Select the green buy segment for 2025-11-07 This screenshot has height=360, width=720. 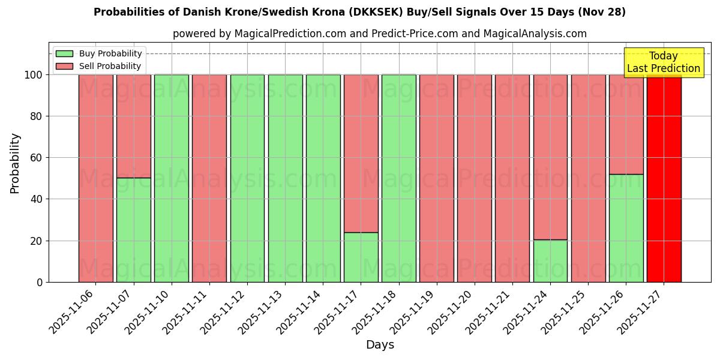(x=133, y=230)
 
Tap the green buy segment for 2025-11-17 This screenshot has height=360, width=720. (x=361, y=257)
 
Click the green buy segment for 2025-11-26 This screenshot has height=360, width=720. (x=626, y=228)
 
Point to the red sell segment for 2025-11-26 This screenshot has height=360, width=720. (x=626, y=124)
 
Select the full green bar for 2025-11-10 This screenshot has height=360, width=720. (x=171, y=178)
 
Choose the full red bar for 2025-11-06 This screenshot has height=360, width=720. (x=95, y=178)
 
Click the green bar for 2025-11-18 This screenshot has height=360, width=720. (x=398, y=178)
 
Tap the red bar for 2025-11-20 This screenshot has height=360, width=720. (x=474, y=178)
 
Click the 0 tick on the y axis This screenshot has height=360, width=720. (x=40, y=282)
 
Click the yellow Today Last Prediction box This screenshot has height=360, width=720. (x=663, y=62)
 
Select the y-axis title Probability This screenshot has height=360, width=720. (x=15, y=163)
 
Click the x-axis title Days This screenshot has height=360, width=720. (x=380, y=345)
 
